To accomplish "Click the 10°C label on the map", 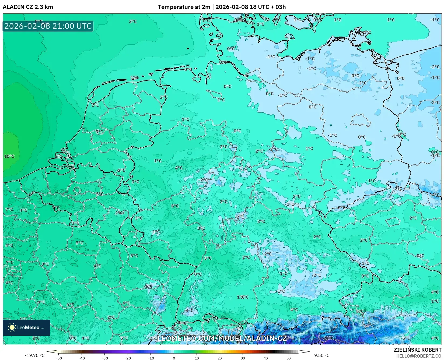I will coord(9,156).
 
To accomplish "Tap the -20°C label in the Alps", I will coord(328,338).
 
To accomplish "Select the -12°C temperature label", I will coord(369,326).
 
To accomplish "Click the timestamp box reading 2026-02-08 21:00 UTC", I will coord(48,26).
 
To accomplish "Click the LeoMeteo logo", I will coord(26,327).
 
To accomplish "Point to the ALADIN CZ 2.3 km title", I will coord(28,7).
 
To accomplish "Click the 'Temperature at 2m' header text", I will coord(184,7).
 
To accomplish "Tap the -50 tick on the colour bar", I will coord(59,358).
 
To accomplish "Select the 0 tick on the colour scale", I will coord(174,358).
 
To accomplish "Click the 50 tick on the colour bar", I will coord(289,358).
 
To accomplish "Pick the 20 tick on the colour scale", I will coord(220,358).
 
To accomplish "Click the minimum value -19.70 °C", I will coord(34,355).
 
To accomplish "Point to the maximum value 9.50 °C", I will coord(322,355).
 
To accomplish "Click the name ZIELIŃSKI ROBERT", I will coord(418,350).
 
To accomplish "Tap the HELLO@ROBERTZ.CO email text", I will coord(419,356).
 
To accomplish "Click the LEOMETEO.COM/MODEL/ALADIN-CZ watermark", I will coord(222,338).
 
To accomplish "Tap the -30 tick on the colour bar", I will coord(105,358).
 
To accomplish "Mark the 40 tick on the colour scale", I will coord(266,358).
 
